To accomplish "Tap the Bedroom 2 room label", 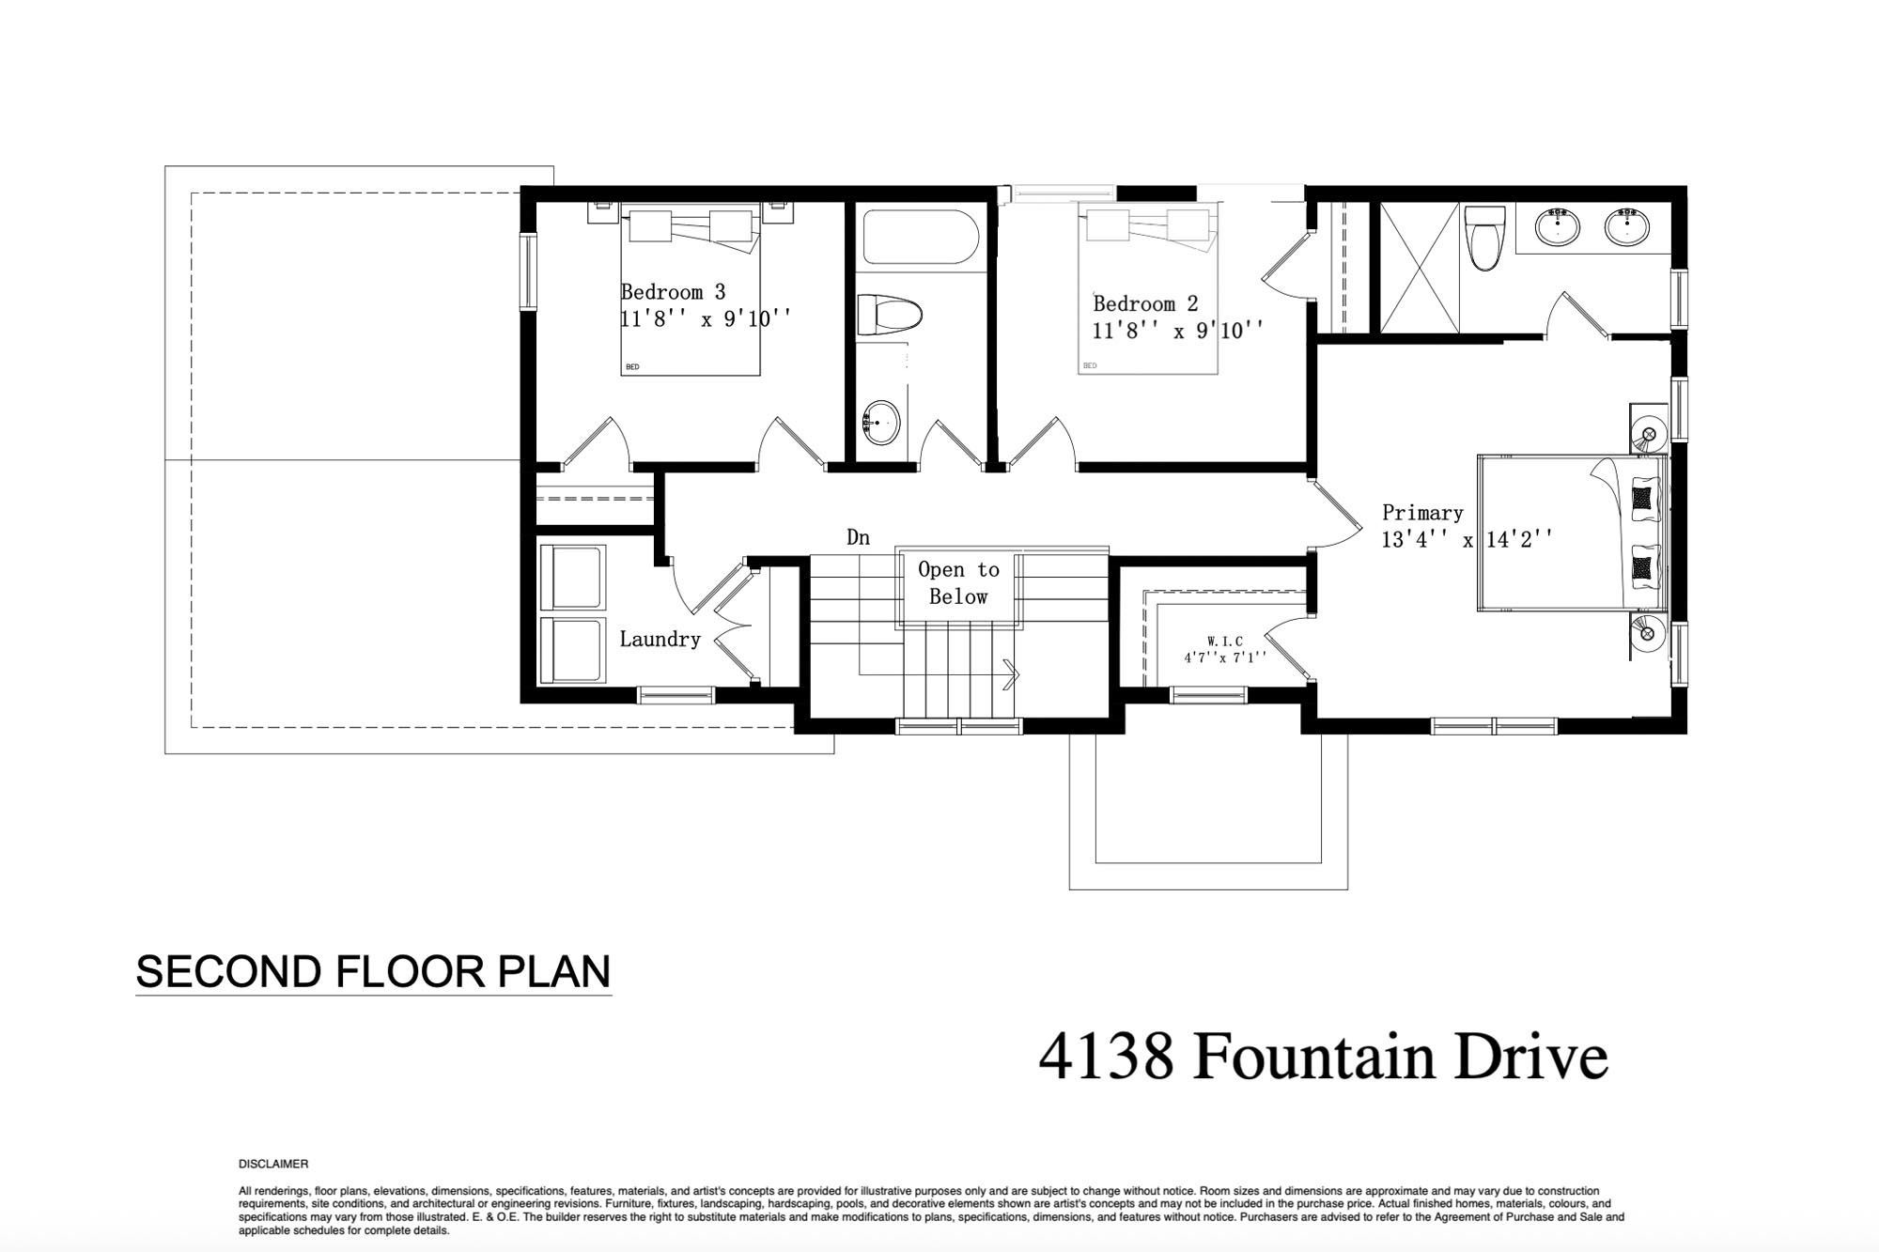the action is pyautogui.click(x=1145, y=304).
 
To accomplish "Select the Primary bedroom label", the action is pyautogui.click(x=1422, y=513).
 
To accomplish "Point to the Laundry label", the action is pyautogui.click(x=660, y=640).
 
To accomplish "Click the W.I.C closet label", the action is pyautogui.click(x=1225, y=641).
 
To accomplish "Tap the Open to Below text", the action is pyautogui.click(x=958, y=582).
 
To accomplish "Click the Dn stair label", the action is pyautogui.click(x=858, y=537).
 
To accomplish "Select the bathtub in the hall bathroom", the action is pyautogui.click(x=922, y=237).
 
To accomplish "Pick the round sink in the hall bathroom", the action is pyautogui.click(x=881, y=424).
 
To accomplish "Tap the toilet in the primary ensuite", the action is pyautogui.click(x=1485, y=238).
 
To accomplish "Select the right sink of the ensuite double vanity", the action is pyautogui.click(x=1627, y=226).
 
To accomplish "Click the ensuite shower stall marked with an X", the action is pyautogui.click(x=1420, y=267).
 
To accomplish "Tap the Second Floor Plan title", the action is pyautogui.click(x=374, y=971).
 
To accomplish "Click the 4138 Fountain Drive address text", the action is pyautogui.click(x=1323, y=1057).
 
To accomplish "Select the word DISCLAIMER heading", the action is pyautogui.click(x=273, y=1164).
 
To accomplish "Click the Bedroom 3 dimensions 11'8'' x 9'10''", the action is pyautogui.click(x=706, y=319).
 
